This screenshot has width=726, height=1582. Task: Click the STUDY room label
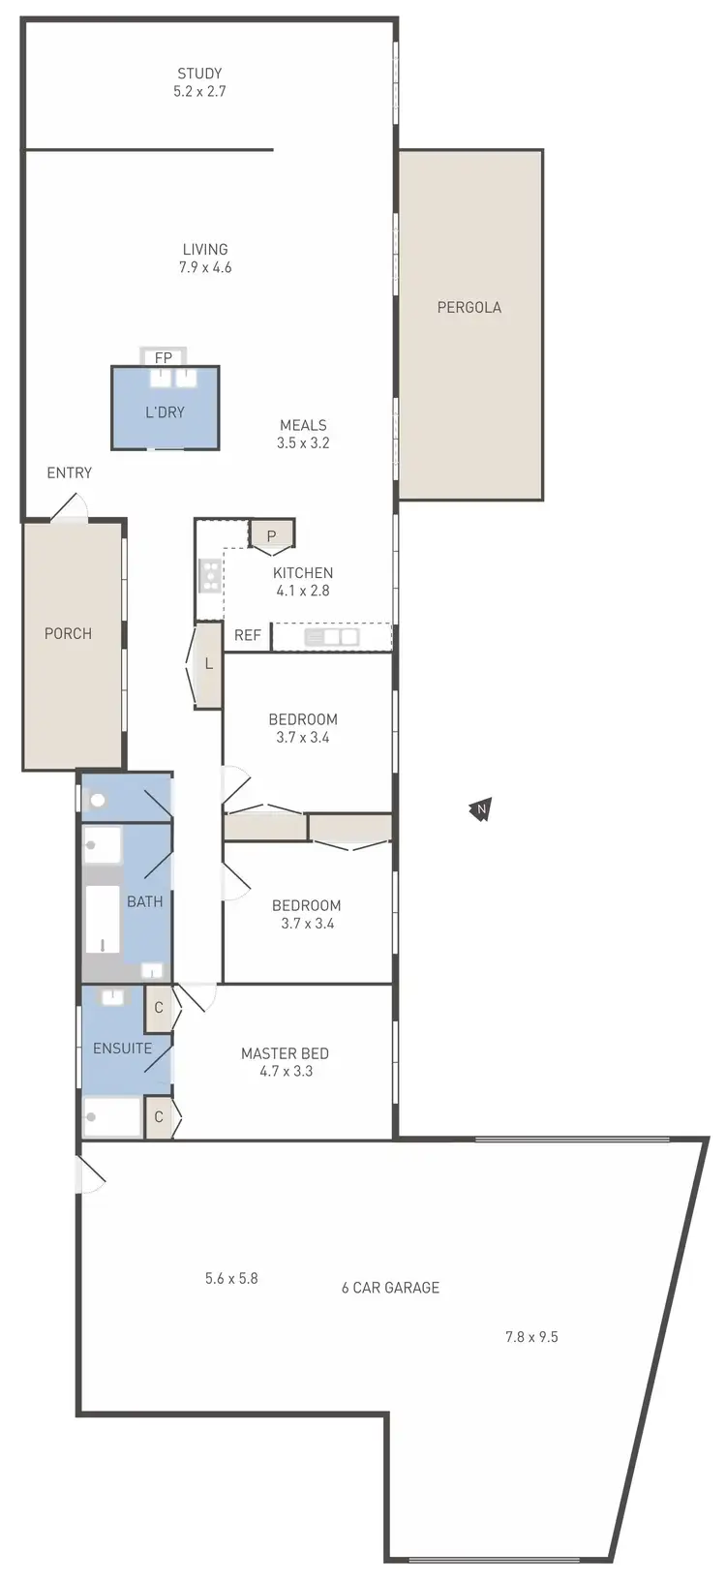(199, 74)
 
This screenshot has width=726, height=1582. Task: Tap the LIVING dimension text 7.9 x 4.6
(205, 267)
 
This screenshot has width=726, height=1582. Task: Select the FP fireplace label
(164, 358)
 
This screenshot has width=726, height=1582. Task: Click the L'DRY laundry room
(165, 411)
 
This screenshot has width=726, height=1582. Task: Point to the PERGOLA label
(469, 308)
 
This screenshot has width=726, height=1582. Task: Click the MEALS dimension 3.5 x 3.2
(303, 443)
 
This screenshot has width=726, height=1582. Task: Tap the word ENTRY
(70, 472)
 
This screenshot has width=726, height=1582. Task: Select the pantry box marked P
(271, 535)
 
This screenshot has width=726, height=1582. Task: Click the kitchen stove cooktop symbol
(208, 576)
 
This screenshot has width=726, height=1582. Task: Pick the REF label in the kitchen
(248, 636)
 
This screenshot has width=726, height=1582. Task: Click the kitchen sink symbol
(331, 637)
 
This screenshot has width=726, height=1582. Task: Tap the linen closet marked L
(208, 665)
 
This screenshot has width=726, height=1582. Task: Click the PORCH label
(69, 633)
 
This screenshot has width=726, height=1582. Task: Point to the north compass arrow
(479, 808)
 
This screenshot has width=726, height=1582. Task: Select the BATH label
(145, 901)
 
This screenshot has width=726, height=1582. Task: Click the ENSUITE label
(122, 1049)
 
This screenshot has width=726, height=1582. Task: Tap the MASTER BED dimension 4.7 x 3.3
(286, 1072)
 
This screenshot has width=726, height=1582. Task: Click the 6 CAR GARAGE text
(390, 1288)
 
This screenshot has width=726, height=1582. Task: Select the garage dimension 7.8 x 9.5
(531, 1337)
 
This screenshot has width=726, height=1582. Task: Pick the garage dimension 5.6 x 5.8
(231, 1278)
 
